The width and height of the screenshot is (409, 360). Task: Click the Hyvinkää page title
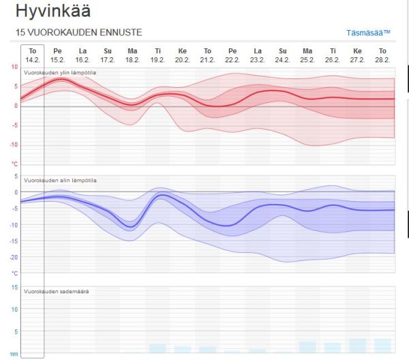[x=52, y=12]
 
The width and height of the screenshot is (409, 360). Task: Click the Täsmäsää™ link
[x=368, y=33]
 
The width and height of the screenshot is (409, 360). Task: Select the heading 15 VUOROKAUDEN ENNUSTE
[x=78, y=33]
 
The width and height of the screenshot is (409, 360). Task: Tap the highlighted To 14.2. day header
[x=32, y=55]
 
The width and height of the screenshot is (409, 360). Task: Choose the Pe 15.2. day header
[x=58, y=55]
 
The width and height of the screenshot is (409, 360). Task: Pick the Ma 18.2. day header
[x=132, y=55]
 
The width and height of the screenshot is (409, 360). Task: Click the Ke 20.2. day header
[x=182, y=55]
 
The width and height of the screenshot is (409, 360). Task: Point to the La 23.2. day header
[x=257, y=55]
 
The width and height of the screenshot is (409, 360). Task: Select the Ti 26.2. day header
[x=333, y=55]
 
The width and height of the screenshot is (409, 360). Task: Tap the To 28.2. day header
[x=382, y=55]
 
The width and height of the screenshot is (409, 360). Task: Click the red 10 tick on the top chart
[x=14, y=67]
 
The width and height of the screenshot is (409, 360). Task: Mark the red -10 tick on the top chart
[x=13, y=145]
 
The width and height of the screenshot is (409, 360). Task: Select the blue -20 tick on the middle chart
[x=13, y=257]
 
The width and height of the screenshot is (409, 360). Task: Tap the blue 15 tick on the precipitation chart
[x=14, y=286]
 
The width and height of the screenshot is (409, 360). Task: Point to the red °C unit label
[x=14, y=164]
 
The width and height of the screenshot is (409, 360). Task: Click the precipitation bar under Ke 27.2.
[x=358, y=346]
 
